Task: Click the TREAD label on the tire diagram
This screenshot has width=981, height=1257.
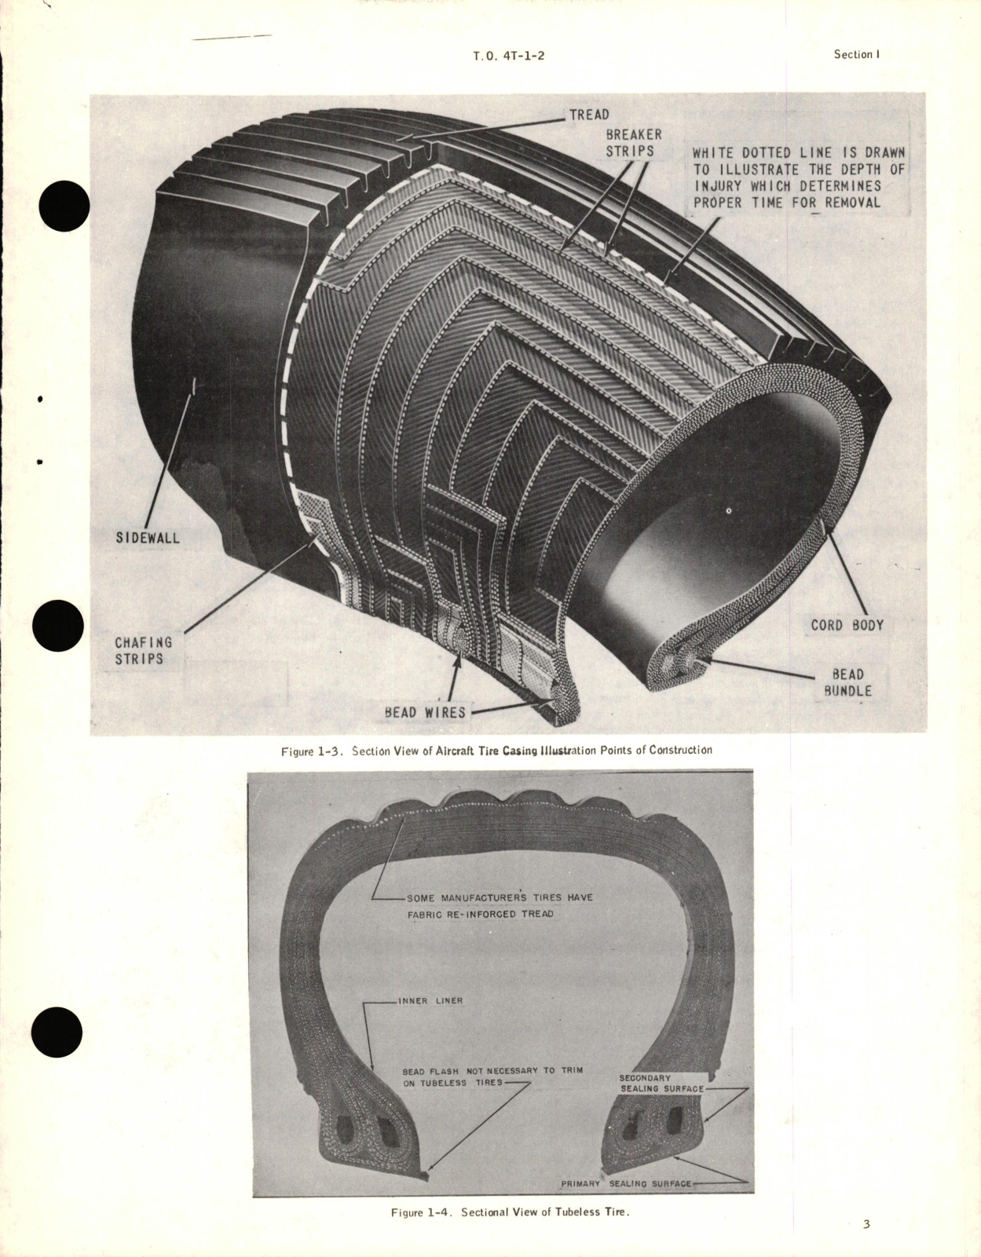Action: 589,115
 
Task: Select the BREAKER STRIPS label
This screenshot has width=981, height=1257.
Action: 634,142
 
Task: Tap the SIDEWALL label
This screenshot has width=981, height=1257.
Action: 148,538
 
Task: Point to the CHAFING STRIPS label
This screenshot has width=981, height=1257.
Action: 143,650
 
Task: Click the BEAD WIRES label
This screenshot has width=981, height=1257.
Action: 425,712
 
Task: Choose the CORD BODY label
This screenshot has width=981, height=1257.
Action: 847,625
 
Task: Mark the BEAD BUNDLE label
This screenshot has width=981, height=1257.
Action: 847,682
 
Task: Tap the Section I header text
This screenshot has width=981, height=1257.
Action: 856,54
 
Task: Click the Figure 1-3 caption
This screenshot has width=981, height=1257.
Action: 496,750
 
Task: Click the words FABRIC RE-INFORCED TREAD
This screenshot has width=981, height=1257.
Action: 480,913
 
